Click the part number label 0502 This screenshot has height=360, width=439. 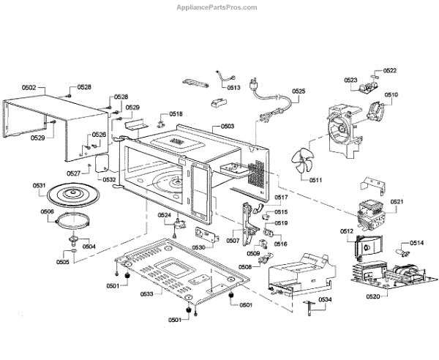click(x=29, y=88)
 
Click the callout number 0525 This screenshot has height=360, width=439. click(x=299, y=91)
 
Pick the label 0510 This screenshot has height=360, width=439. click(x=391, y=95)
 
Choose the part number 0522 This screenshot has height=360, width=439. click(x=390, y=71)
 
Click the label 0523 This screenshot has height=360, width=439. click(x=350, y=79)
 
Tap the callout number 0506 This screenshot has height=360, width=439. click(x=47, y=212)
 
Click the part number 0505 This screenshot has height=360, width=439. click(x=64, y=261)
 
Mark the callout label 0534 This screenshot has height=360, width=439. click(x=325, y=299)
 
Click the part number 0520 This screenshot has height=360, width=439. click(x=373, y=296)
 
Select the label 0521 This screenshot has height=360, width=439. click(x=396, y=201)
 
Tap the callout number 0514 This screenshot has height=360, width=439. click(x=416, y=243)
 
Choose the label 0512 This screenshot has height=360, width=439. click(x=348, y=231)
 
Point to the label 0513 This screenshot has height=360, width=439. click(x=233, y=88)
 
